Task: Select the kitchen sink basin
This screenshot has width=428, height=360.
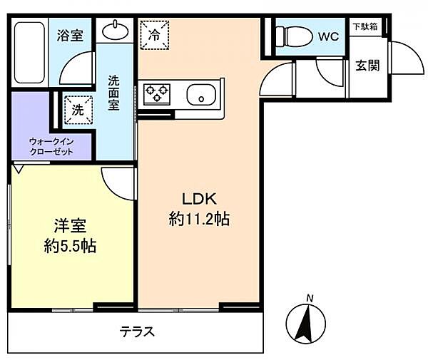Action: (x=202, y=93)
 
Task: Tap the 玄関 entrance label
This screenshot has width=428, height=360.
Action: (x=367, y=65)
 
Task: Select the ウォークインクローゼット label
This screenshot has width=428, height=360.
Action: (x=51, y=146)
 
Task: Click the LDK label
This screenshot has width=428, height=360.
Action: (x=198, y=199)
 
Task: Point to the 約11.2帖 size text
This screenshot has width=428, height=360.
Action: (x=198, y=220)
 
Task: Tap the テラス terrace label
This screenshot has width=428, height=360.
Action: (x=137, y=331)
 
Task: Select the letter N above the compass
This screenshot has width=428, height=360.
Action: (x=309, y=297)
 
